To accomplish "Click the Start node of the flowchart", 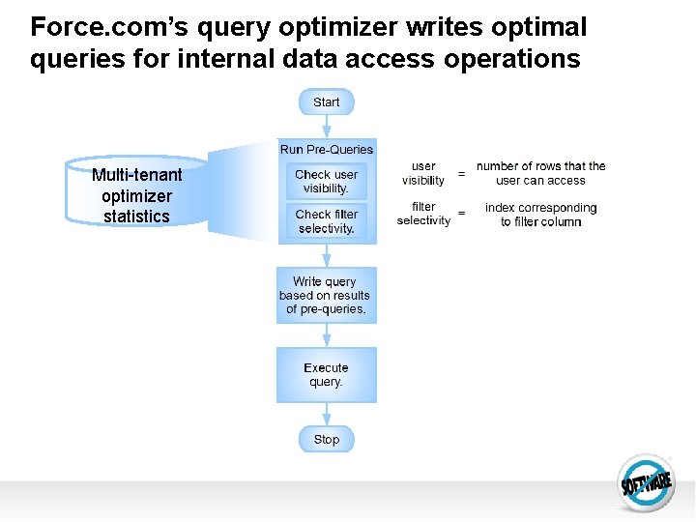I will (x=327, y=101).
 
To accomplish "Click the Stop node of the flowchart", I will (x=327, y=439).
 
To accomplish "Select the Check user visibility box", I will (x=327, y=182).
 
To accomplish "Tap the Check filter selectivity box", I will (x=327, y=221).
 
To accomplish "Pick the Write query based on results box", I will (x=326, y=295).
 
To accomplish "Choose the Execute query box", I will (x=326, y=375).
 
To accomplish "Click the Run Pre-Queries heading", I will (x=327, y=149).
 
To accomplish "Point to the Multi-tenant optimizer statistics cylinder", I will (x=136, y=193).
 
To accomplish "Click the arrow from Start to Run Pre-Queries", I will (x=327, y=127).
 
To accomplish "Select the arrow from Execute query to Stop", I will (x=327, y=414).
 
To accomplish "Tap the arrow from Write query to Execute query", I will (x=327, y=335).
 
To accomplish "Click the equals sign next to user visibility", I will (x=461, y=174).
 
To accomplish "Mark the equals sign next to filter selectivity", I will (x=461, y=214).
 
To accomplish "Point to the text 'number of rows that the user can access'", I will (x=540, y=173).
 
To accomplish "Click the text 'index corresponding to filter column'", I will (x=540, y=215).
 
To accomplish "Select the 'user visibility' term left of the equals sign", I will (x=423, y=173).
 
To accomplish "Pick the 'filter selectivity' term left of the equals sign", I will (x=423, y=214).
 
